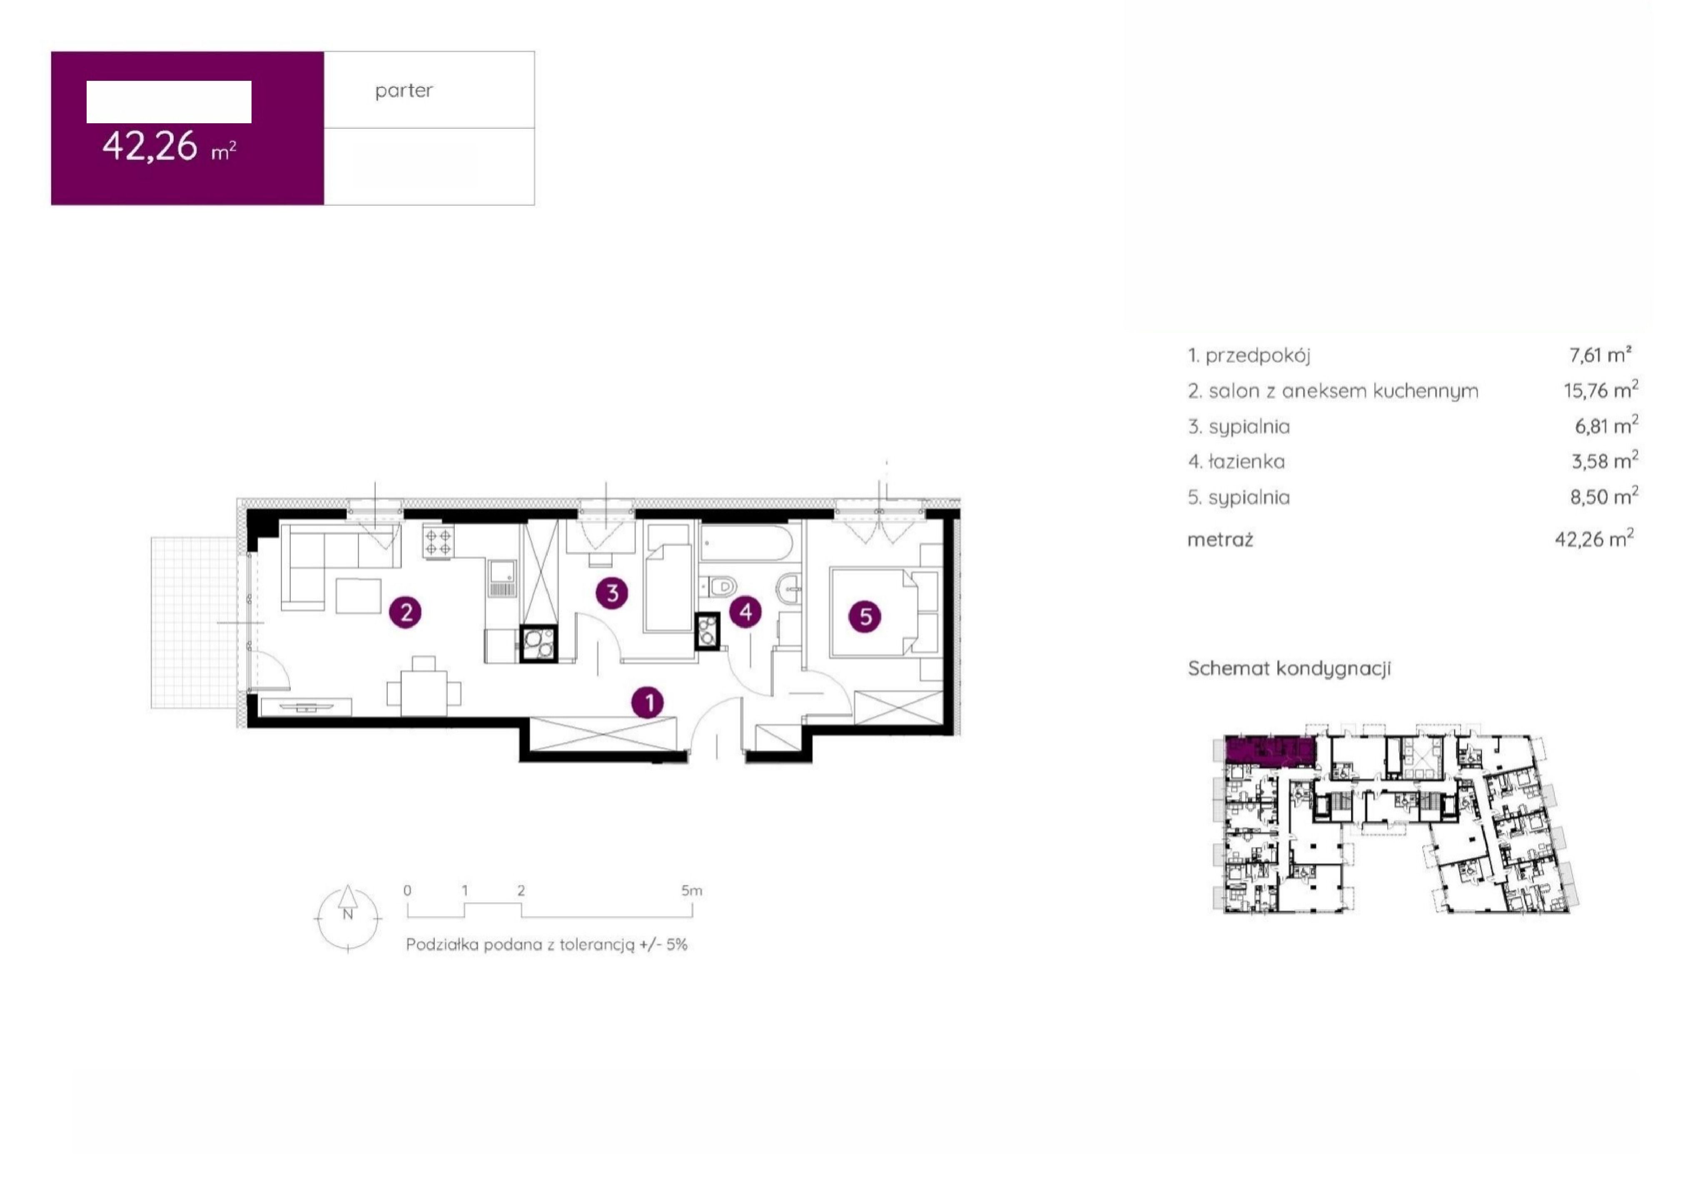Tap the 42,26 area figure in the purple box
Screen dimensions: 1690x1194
click(150, 146)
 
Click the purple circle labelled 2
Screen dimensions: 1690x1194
click(406, 612)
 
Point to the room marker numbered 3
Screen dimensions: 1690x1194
click(612, 593)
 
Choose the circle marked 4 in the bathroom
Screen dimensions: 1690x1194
click(745, 612)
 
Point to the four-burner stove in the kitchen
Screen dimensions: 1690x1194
click(438, 542)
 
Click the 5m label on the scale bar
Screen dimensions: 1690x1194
click(692, 891)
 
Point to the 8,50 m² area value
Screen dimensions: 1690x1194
click(1604, 496)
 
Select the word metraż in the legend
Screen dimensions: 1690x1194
click(1220, 540)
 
